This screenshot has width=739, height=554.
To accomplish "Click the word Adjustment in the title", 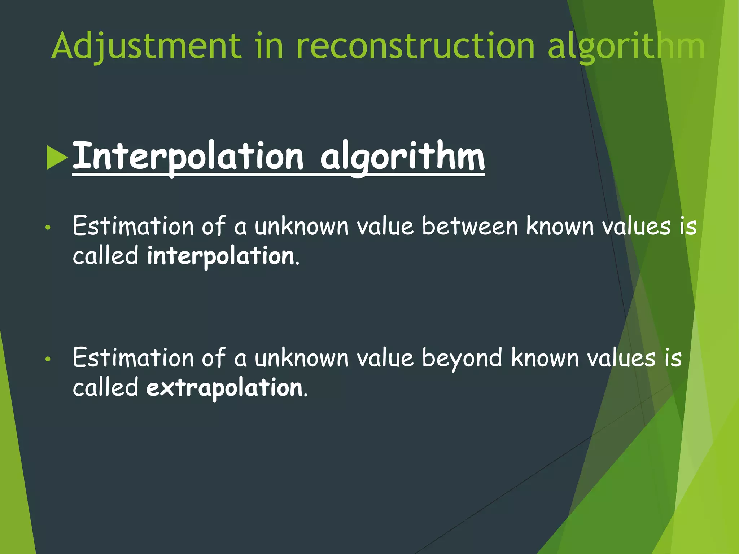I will [x=146, y=46].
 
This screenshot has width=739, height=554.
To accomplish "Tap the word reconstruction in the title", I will [x=415, y=46].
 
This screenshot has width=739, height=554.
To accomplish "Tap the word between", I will [x=470, y=227].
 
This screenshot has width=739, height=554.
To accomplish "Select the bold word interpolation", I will [x=221, y=256].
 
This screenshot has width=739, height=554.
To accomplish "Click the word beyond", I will [x=462, y=358].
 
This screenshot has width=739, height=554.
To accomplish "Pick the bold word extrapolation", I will [x=224, y=388].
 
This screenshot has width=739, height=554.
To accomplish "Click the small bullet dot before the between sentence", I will [x=48, y=228].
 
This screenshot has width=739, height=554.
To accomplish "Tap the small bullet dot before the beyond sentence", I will [x=48, y=359].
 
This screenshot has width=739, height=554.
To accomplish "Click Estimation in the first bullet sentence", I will [x=133, y=227].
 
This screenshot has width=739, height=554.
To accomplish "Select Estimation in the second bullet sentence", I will [x=133, y=358].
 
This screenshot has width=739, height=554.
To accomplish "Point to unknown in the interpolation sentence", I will [x=302, y=227].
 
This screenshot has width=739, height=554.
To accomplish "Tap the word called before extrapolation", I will [x=105, y=388].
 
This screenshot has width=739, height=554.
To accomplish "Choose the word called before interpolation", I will [x=105, y=256].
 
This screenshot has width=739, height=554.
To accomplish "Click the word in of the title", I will [x=269, y=46].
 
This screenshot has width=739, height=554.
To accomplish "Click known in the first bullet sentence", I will [x=560, y=227].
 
